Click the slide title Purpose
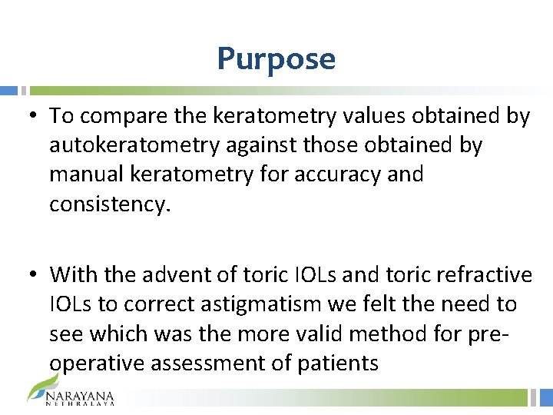tap(276, 58)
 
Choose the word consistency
tap(108, 204)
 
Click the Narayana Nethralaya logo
tap(71, 391)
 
